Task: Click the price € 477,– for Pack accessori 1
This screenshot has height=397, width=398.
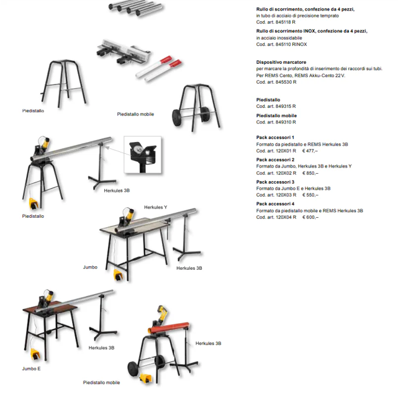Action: click(x=310, y=151)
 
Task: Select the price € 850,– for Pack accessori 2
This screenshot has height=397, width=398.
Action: click(x=310, y=173)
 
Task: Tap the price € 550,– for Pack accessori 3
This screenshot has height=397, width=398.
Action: click(x=310, y=195)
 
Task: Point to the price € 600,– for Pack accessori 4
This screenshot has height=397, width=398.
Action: click(x=310, y=217)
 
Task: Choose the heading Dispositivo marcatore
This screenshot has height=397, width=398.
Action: click(x=281, y=63)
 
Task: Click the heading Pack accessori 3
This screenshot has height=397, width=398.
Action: click(x=275, y=182)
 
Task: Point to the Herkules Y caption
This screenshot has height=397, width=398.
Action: click(x=155, y=207)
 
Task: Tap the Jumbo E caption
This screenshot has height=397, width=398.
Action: click(x=32, y=368)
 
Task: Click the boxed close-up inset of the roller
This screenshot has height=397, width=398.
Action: click(x=142, y=154)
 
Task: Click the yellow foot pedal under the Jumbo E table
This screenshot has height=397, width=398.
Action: click(x=36, y=354)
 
